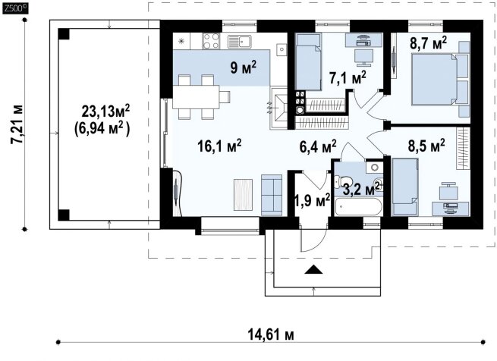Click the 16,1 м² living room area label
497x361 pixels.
pos(219,146)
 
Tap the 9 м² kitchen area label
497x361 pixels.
pos(244,67)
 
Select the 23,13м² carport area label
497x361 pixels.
pos(106,111)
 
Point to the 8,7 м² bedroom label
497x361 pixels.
pos(429,42)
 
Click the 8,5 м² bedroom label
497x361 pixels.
pos(426,146)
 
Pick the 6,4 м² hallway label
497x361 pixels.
pos(318,146)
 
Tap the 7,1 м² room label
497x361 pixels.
pos(348,77)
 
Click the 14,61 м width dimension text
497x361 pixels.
pos(271,334)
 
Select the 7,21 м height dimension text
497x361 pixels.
pos(17,124)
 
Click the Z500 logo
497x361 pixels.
pos(15,8)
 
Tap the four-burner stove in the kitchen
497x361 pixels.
pos(211,41)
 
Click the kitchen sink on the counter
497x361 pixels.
pos(240,41)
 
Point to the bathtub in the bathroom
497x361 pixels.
pos(358,207)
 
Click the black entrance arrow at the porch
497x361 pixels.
pos(313,269)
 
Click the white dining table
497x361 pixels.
pos(197,97)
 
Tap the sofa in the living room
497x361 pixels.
pos(272,195)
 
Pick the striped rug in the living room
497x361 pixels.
pos(244,195)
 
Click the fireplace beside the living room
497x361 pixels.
pos(279,108)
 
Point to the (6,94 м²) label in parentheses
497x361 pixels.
pos(102,129)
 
